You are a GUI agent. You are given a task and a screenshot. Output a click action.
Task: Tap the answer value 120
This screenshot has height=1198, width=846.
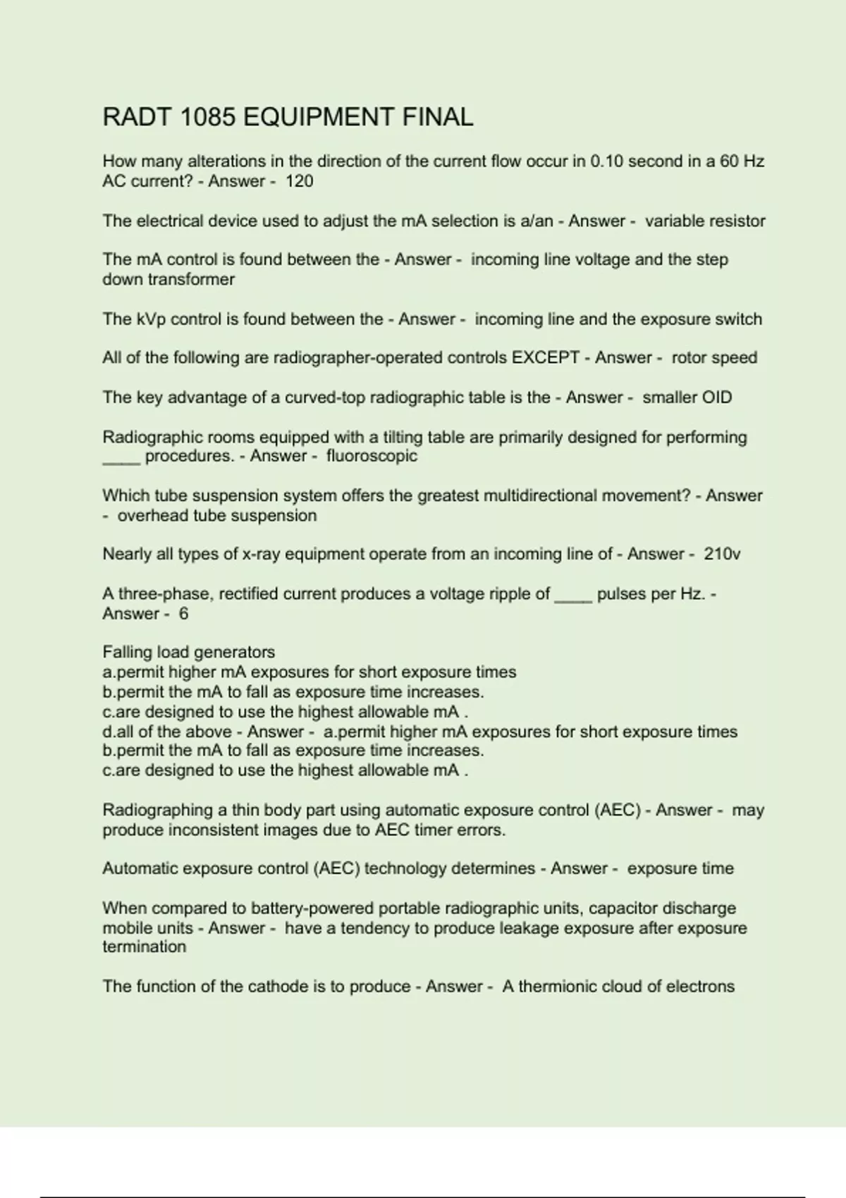[x=299, y=181]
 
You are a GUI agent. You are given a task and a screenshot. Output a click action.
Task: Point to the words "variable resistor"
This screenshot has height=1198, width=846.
[x=705, y=221]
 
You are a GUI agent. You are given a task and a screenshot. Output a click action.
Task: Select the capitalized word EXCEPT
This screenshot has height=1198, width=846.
[x=545, y=358]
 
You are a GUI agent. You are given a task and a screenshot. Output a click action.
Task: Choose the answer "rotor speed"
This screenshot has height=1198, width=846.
[x=714, y=358]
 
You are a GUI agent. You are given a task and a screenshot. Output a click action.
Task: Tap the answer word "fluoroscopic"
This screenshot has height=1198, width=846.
[x=372, y=456]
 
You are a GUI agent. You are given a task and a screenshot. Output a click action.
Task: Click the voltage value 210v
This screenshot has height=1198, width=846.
[x=722, y=554]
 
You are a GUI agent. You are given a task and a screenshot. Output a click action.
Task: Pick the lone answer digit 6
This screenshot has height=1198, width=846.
[x=183, y=614]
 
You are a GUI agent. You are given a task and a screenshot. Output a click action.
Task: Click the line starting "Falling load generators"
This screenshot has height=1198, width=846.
[x=188, y=652]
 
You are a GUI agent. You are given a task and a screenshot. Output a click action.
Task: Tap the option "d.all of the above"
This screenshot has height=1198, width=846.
[x=167, y=732]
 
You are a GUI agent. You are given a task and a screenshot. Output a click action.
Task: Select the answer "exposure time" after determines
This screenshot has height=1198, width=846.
[x=680, y=868]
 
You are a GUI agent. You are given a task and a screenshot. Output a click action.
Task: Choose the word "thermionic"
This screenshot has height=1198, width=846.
[x=559, y=987]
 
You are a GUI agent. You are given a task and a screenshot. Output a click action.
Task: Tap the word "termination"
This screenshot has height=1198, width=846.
[x=144, y=947]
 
